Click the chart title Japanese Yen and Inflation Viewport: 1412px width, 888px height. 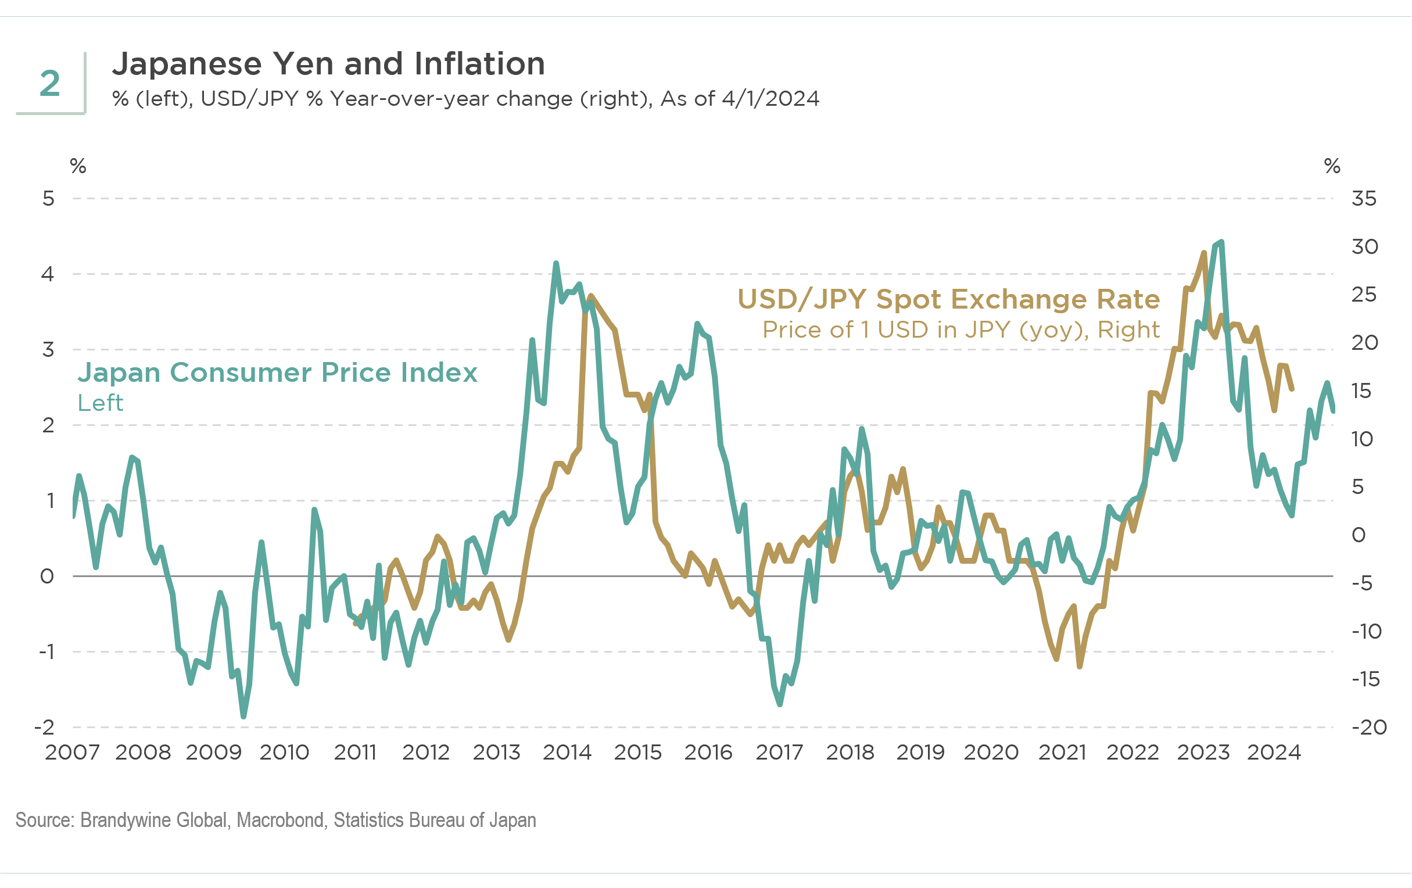click(x=328, y=64)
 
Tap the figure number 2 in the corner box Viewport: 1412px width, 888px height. click(x=50, y=83)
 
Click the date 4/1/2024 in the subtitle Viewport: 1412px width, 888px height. click(x=770, y=99)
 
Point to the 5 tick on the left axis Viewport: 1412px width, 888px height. click(x=48, y=199)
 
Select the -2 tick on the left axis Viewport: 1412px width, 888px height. click(x=45, y=727)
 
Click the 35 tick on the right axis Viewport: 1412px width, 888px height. click(x=1364, y=199)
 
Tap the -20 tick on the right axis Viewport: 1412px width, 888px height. click(x=1368, y=727)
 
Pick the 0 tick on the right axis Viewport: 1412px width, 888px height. click(x=1359, y=535)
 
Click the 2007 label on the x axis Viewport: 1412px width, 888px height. click(x=72, y=753)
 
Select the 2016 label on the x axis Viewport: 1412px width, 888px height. click(x=708, y=753)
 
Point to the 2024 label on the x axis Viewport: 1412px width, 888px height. click(x=1274, y=753)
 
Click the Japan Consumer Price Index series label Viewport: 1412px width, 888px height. click(x=277, y=373)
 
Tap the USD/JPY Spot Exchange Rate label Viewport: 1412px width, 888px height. click(x=948, y=299)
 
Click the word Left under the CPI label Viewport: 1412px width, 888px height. click(x=101, y=403)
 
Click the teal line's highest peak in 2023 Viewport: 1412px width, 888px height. click(x=1221, y=242)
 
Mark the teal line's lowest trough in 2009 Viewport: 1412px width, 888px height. click(x=243, y=716)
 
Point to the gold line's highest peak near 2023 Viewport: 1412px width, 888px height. click(x=1204, y=253)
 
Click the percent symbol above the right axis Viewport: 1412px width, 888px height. click(x=1332, y=166)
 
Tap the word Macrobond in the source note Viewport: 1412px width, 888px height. click(x=280, y=820)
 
